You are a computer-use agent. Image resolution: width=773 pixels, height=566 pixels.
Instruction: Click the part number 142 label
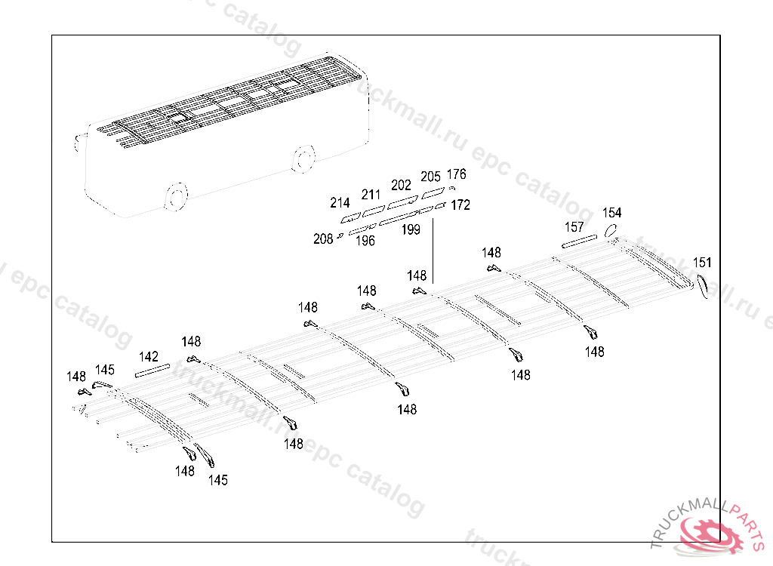(x=149, y=356)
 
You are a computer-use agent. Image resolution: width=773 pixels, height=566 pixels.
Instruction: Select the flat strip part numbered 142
(x=152, y=370)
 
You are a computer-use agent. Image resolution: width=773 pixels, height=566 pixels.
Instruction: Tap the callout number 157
(x=574, y=227)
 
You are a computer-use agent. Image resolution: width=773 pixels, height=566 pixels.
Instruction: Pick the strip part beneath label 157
(x=579, y=241)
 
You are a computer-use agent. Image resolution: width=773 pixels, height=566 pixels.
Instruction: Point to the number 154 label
(x=611, y=213)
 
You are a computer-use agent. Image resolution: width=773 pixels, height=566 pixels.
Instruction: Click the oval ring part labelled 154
(x=612, y=231)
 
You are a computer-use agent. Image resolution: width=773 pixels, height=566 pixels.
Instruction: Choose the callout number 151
(x=702, y=263)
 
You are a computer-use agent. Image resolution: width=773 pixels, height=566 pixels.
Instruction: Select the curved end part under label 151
(x=701, y=286)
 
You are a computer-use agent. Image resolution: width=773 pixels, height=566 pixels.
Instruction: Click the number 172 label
(x=460, y=205)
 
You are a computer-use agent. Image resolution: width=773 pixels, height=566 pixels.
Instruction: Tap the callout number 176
(x=457, y=174)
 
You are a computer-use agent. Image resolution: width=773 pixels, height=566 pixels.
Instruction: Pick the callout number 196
(x=365, y=241)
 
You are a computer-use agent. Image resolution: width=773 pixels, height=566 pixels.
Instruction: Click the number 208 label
(x=323, y=239)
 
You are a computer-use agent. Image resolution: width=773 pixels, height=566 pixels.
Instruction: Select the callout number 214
(x=340, y=202)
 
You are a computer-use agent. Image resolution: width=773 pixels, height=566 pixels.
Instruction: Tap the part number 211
(x=371, y=195)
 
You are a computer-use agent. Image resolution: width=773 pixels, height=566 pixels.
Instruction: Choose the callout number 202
(x=401, y=185)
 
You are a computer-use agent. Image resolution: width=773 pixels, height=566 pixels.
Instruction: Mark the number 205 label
(x=430, y=177)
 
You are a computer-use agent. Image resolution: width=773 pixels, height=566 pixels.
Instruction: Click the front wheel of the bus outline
(x=175, y=197)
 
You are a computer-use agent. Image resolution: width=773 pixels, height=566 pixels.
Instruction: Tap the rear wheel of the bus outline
(x=303, y=159)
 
